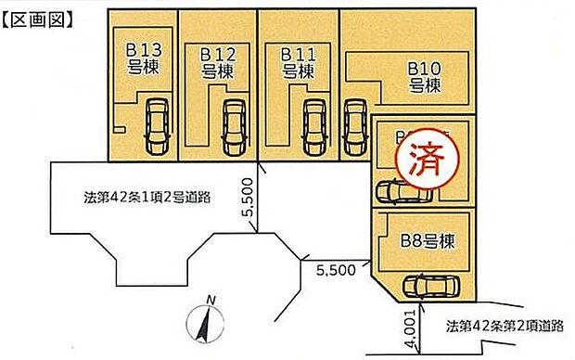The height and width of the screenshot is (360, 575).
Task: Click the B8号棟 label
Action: coord(428,243)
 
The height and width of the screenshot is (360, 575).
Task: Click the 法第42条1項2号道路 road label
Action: coord(145,198)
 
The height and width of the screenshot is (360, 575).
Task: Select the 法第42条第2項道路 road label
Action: coord(505,326)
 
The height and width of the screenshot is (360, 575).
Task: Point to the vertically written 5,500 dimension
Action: coord(248,198)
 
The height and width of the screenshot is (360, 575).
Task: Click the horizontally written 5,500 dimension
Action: coord(336,271)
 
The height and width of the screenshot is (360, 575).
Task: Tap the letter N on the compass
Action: coord(211,300)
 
